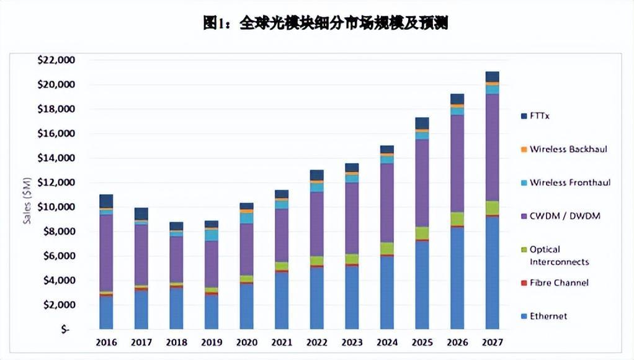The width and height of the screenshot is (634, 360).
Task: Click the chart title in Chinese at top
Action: tap(325, 24)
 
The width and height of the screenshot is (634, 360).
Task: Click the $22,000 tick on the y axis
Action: tap(56, 60)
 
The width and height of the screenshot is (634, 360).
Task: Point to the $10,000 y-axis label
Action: tap(56, 207)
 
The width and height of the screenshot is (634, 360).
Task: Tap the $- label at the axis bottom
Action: tap(65, 330)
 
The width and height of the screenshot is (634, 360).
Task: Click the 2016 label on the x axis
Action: tap(106, 343)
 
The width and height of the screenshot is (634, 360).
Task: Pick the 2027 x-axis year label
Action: tap(492, 343)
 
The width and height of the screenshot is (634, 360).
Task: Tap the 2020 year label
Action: tap(246, 343)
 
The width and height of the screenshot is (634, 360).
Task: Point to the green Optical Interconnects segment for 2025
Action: tap(422, 233)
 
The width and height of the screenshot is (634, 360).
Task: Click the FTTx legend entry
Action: tap(540, 116)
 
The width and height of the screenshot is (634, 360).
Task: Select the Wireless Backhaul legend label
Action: tap(568, 150)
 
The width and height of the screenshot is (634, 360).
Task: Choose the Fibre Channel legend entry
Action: tap(559, 283)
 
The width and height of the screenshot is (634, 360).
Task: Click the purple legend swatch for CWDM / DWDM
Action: tap(524, 217)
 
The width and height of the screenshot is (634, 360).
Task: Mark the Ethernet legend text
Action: tap(548, 317)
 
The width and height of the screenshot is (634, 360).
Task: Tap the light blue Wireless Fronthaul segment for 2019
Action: tap(212, 235)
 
